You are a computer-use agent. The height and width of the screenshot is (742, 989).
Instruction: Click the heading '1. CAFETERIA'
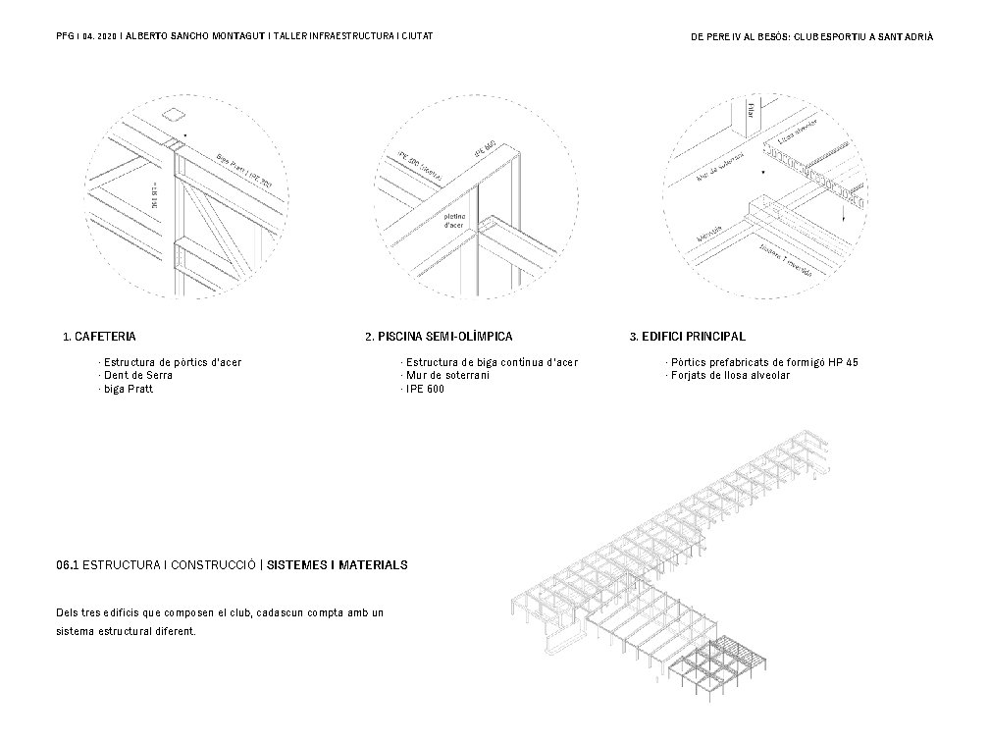[x=99, y=337]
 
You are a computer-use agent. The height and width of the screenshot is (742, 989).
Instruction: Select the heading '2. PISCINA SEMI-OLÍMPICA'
[x=438, y=337]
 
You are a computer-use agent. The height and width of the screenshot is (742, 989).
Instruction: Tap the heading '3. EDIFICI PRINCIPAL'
[x=687, y=337]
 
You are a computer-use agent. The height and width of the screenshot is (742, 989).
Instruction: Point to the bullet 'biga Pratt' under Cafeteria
[x=129, y=389]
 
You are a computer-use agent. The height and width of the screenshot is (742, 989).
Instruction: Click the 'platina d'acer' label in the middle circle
[x=454, y=221]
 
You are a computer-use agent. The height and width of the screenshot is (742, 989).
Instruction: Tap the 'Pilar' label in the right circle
[x=751, y=111]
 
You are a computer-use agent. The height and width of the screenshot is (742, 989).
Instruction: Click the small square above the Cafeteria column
[x=174, y=113]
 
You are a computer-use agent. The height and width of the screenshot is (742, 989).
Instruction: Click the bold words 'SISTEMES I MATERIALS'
[x=338, y=566]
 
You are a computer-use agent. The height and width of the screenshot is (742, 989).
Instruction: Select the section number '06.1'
[x=68, y=566]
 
